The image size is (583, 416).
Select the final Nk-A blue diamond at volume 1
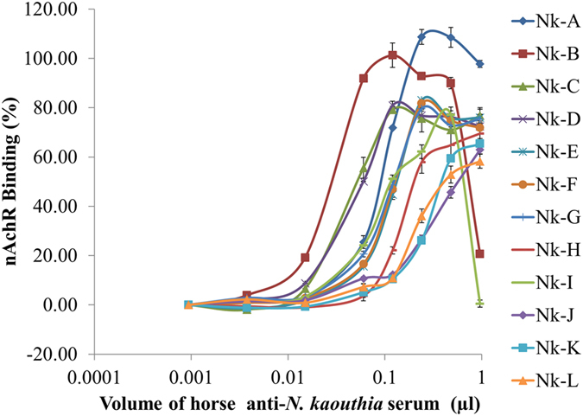tap(479, 64)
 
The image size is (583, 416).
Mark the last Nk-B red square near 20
tap(479, 254)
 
